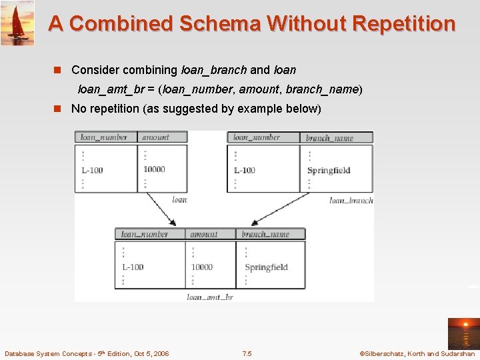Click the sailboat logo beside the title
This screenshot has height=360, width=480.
tap(17, 23)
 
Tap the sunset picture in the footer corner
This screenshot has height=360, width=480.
tap(463, 333)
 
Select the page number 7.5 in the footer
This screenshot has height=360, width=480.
tap(247, 353)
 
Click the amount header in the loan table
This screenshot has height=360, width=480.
tap(155, 137)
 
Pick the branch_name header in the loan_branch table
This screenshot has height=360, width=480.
tap(329, 138)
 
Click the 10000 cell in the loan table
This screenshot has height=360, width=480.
tap(154, 169)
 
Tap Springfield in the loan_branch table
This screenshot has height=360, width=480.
tap(329, 170)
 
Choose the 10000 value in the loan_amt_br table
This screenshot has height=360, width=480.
tap(202, 267)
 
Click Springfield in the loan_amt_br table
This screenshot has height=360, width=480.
tap(266, 267)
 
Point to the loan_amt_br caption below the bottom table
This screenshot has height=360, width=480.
tap(210, 297)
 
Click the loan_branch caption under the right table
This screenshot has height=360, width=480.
tap(351, 200)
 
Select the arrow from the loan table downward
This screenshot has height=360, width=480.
tap(161, 208)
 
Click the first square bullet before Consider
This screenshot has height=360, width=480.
tap(57, 70)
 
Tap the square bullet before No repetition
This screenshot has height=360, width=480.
tap(57, 109)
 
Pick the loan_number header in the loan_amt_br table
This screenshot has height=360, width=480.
tap(144, 234)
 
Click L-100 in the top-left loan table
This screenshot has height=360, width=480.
tap(92, 170)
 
